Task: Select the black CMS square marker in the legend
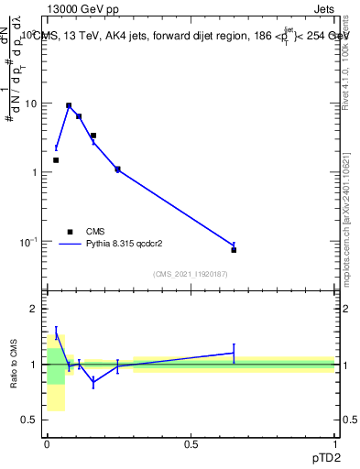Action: tap(70, 232)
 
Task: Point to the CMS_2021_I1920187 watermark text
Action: tap(191, 274)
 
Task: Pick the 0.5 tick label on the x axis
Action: tap(191, 443)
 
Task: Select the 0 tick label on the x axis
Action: tap(47, 443)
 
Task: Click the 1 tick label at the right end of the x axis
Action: tap(334, 443)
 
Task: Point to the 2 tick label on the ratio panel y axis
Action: tap(33, 310)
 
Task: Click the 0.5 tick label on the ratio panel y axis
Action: tap(28, 420)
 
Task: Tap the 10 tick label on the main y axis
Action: tap(30, 104)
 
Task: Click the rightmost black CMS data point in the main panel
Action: tap(234, 250)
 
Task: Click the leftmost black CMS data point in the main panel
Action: tap(56, 160)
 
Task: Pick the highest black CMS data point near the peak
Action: tap(69, 105)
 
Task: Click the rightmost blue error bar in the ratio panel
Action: tap(234, 353)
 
